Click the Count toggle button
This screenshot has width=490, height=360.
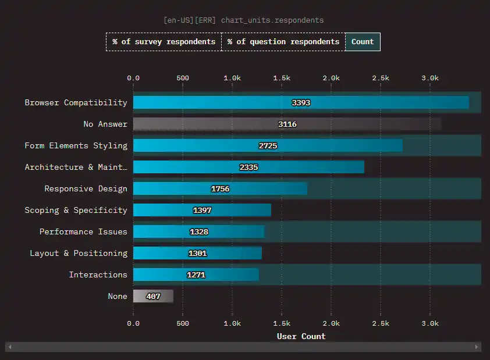[363, 42]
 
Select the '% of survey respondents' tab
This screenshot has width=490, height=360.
[164, 42]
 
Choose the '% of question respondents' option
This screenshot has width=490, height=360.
[283, 42]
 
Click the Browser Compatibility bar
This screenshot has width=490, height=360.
[301, 103]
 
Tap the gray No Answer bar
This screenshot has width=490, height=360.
[287, 124]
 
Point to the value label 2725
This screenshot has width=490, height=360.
[268, 146]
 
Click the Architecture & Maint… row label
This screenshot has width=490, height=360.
[76, 167]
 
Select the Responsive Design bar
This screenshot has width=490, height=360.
[220, 189]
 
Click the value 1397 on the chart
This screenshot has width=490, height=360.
[202, 211]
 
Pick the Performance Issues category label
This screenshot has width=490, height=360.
[83, 232]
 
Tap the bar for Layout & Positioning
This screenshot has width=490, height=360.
[197, 253]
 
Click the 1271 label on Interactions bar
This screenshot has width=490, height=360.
[196, 275]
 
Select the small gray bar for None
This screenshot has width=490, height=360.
[153, 296]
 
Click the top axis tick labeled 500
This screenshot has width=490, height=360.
[183, 78]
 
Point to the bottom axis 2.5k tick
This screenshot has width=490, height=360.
[381, 323]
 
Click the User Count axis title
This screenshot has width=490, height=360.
[301, 336]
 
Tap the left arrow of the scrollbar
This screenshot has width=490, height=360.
[10, 347]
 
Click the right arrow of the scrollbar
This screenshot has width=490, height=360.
[477, 347]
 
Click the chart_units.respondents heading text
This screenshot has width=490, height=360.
[272, 20]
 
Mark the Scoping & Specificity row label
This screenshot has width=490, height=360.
[76, 211]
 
